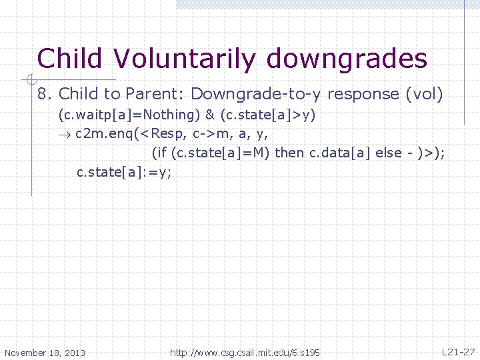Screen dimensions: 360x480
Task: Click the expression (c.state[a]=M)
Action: tap(221, 153)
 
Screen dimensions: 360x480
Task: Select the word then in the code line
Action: tap(289, 153)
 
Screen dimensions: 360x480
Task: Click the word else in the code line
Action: tap(389, 153)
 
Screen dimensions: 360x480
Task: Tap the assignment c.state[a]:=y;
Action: tap(124, 172)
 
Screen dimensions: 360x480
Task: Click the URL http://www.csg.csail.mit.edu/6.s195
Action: tap(245, 352)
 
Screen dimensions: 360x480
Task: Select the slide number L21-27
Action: tap(458, 351)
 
